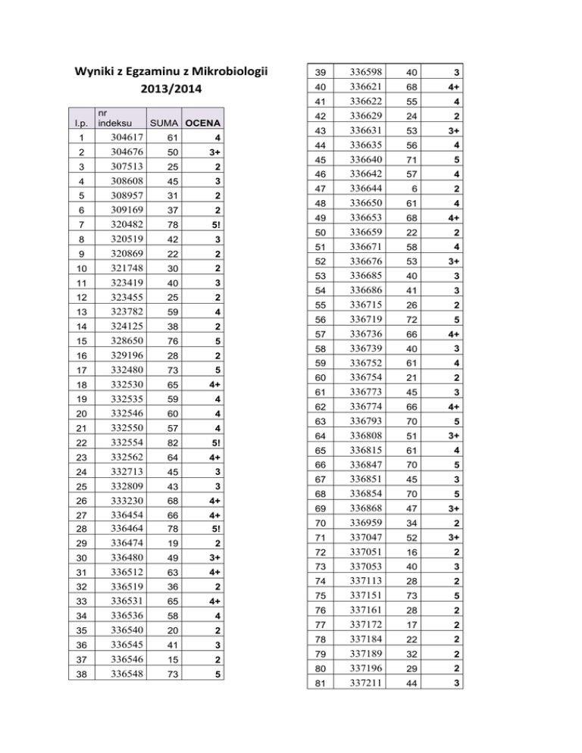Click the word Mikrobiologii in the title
pyautogui.click(x=230, y=73)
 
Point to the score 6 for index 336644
pyautogui.click(x=412, y=188)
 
